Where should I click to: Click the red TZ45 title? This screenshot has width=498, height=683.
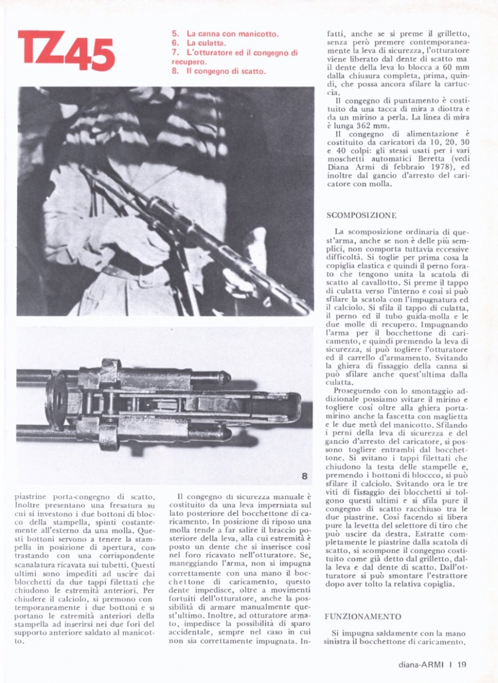point(67,51)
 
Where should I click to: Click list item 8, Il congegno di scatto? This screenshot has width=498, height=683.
point(218,71)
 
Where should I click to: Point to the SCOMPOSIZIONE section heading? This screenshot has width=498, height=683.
point(361,216)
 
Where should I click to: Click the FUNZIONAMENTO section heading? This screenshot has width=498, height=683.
point(363,617)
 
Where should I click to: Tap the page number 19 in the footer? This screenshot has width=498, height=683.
point(462,664)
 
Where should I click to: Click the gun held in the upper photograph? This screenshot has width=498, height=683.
point(193,228)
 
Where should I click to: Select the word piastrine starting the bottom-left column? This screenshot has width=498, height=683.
point(34,496)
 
